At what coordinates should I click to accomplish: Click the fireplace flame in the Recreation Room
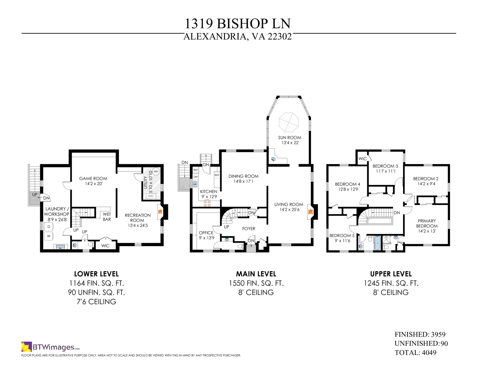click(x=160, y=212)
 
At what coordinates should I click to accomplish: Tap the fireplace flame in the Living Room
click(x=310, y=211)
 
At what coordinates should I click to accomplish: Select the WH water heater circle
click(x=156, y=171)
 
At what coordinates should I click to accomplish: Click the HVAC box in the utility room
click(x=151, y=196)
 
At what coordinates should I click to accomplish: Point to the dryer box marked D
click(x=49, y=227)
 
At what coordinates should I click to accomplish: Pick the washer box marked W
click(x=49, y=236)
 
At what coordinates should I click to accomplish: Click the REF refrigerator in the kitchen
click(x=196, y=170)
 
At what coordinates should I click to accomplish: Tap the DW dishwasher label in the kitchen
click(x=196, y=177)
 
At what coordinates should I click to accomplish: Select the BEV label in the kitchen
click(x=217, y=175)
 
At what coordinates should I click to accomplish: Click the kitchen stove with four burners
click(x=207, y=204)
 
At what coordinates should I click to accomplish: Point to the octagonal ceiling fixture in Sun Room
click(x=289, y=122)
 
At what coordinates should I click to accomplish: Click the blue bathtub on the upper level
click(x=377, y=243)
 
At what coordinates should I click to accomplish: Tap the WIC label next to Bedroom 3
click(x=362, y=159)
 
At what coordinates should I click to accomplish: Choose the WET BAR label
click(x=107, y=217)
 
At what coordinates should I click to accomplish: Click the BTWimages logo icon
click(x=27, y=347)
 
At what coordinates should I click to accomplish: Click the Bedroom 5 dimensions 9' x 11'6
click(x=342, y=241)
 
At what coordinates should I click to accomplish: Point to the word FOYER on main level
click(x=249, y=229)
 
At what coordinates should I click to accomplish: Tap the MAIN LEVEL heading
click(x=256, y=274)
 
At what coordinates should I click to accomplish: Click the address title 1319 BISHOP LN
click(x=238, y=24)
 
